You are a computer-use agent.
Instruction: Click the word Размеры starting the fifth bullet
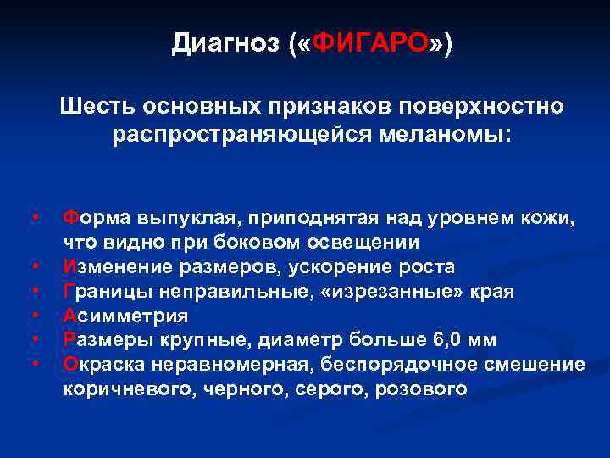point(105,340)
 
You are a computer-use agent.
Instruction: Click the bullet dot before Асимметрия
point(36,316)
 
